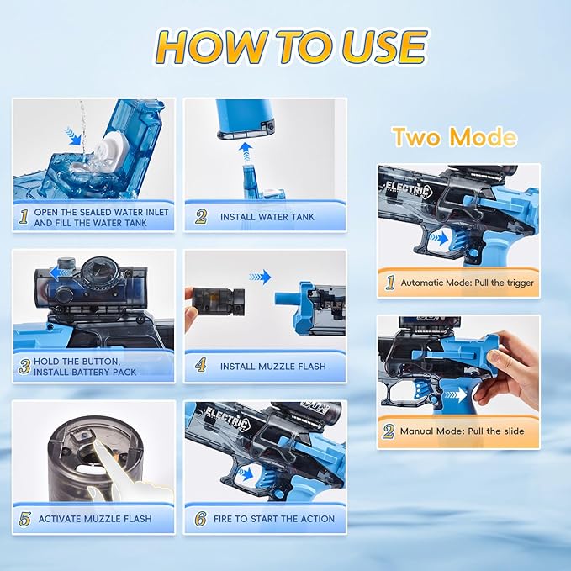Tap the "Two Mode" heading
(455, 136)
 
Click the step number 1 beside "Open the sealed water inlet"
(24, 217)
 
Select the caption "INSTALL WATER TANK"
(267, 217)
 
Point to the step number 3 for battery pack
(24, 367)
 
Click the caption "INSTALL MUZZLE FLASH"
(272, 367)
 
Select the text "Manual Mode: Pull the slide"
(462, 431)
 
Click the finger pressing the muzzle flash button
(121, 462)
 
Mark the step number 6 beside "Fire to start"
(200, 518)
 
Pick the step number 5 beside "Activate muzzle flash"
(24, 518)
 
